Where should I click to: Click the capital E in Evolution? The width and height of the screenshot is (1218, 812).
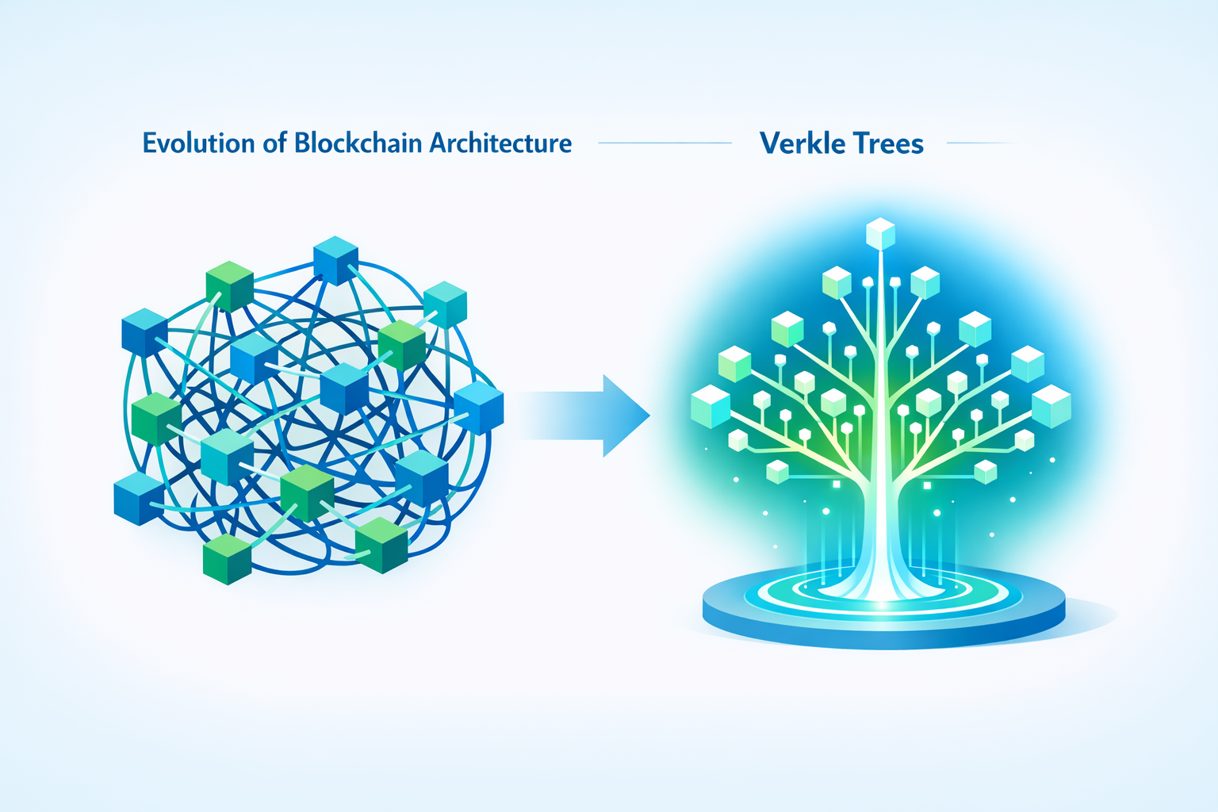[x=150, y=144]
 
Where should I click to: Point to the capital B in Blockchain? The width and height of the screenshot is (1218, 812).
[x=302, y=144]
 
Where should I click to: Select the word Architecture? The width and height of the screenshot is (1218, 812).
[x=500, y=144]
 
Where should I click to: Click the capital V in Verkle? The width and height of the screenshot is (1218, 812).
[x=769, y=144]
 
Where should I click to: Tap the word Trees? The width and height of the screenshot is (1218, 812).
[x=887, y=144]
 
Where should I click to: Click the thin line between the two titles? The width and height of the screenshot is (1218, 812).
[x=665, y=144]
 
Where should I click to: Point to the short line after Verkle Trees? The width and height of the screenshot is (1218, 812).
[x=979, y=144]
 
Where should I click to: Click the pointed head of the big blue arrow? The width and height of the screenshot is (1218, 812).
[x=630, y=416]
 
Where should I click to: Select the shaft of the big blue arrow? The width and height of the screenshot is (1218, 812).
[x=559, y=416]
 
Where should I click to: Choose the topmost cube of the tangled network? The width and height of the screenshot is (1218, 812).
[x=335, y=260]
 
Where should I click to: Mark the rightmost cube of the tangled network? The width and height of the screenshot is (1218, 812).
[x=478, y=408]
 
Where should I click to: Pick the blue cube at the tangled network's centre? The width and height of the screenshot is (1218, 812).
[x=344, y=388]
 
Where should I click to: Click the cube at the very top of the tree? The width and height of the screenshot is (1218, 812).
[x=880, y=234]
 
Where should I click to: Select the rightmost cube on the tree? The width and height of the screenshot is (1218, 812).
[x=1051, y=406]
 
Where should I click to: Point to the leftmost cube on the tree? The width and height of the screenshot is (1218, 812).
[x=710, y=406]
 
